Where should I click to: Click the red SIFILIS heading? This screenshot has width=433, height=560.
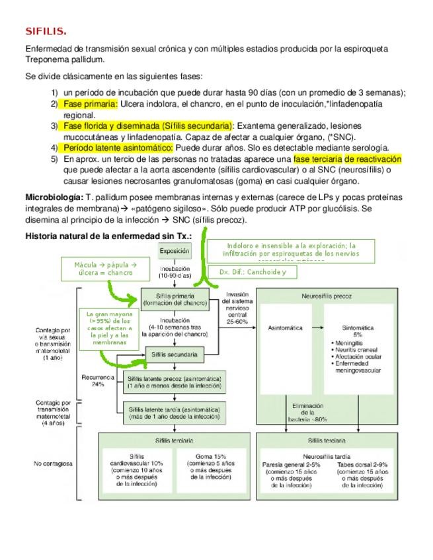click(x=46, y=30)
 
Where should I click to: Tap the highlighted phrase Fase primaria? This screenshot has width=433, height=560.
click(x=91, y=104)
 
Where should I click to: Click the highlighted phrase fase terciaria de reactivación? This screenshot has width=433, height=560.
click(x=347, y=159)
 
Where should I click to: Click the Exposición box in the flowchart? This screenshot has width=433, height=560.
click(x=175, y=251)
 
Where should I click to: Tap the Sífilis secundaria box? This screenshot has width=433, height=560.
click(x=174, y=355)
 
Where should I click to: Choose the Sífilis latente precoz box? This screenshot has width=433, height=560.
click(x=174, y=382)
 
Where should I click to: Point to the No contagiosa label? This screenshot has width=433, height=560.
click(x=51, y=464)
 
